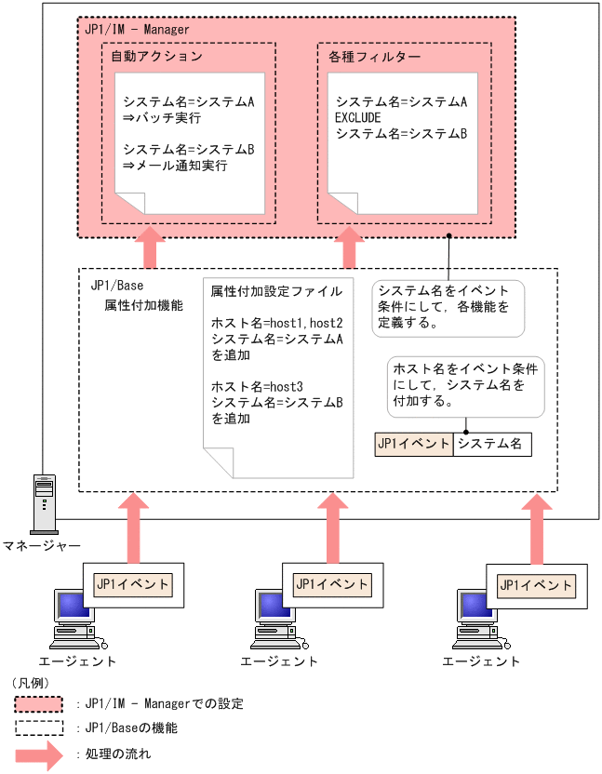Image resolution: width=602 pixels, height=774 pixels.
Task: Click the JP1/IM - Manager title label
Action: click(x=137, y=30)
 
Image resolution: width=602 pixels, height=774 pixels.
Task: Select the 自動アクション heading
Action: click(x=155, y=57)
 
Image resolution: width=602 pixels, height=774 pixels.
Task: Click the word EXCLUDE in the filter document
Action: click(x=358, y=117)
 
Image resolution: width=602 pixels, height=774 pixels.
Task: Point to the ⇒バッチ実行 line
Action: click(x=162, y=118)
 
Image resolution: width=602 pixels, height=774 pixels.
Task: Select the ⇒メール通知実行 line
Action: click(x=175, y=166)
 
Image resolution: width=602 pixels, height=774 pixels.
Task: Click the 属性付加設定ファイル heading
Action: click(x=276, y=289)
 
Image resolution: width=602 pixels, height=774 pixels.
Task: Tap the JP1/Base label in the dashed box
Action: click(x=116, y=287)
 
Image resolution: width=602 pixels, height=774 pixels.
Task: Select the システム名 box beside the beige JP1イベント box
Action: click(x=491, y=444)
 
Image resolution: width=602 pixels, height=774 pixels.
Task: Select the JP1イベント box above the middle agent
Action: click(x=332, y=584)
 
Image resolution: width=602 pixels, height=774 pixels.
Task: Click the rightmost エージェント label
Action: click(x=481, y=661)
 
